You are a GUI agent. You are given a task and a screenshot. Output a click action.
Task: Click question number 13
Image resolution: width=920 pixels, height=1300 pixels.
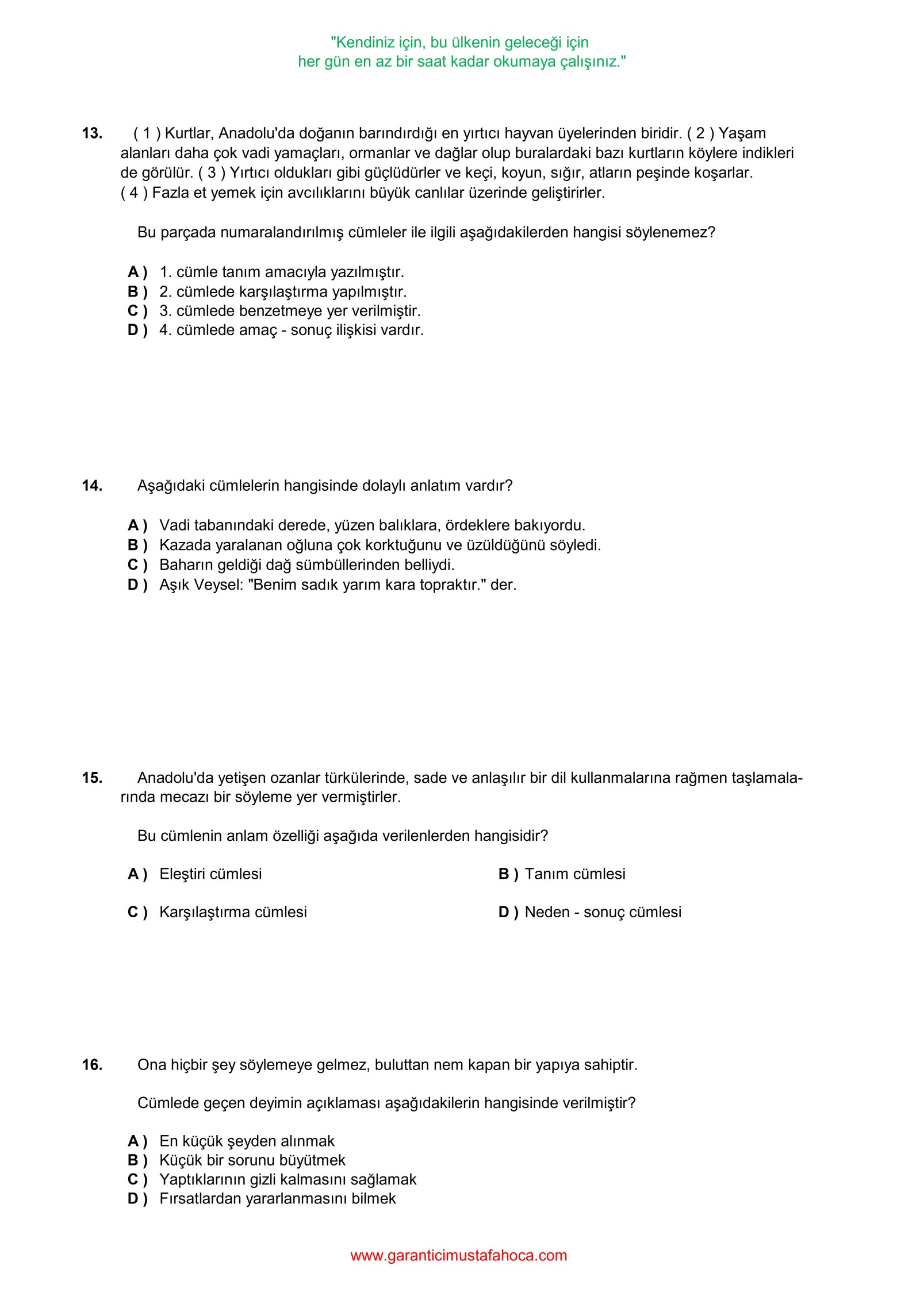(92, 133)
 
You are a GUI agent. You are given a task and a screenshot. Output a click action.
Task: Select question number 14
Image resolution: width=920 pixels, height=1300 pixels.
(92, 486)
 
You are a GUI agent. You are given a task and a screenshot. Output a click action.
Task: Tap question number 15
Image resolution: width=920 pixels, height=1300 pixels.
(92, 778)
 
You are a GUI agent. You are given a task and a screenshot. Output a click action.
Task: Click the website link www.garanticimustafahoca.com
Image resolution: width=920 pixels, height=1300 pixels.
(458, 1255)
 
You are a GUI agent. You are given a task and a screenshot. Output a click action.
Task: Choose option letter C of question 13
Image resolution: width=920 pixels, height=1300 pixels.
(137, 311)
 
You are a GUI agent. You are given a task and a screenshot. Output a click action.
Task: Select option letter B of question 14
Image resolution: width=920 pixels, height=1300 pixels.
(137, 545)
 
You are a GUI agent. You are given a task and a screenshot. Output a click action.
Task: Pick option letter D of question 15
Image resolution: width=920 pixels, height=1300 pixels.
(508, 912)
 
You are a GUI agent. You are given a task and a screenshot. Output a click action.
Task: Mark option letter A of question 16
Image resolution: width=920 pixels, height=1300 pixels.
(137, 1141)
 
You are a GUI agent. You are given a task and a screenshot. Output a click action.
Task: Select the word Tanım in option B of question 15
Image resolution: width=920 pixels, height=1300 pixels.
(547, 874)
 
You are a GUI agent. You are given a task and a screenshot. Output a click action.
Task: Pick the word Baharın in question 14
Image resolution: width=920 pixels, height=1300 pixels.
(183, 564)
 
